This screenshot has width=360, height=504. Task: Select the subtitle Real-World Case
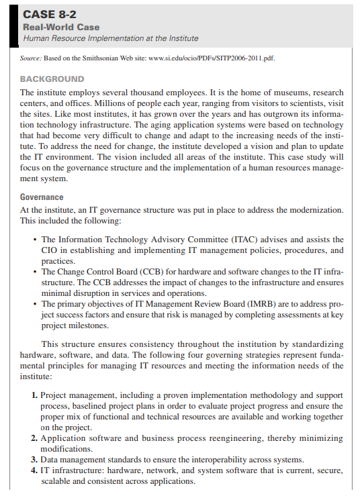61,28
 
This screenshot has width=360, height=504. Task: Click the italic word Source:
34,58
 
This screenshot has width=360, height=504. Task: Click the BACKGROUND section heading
52,79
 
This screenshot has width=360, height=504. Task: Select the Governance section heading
42,197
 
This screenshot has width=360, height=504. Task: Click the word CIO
51,250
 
